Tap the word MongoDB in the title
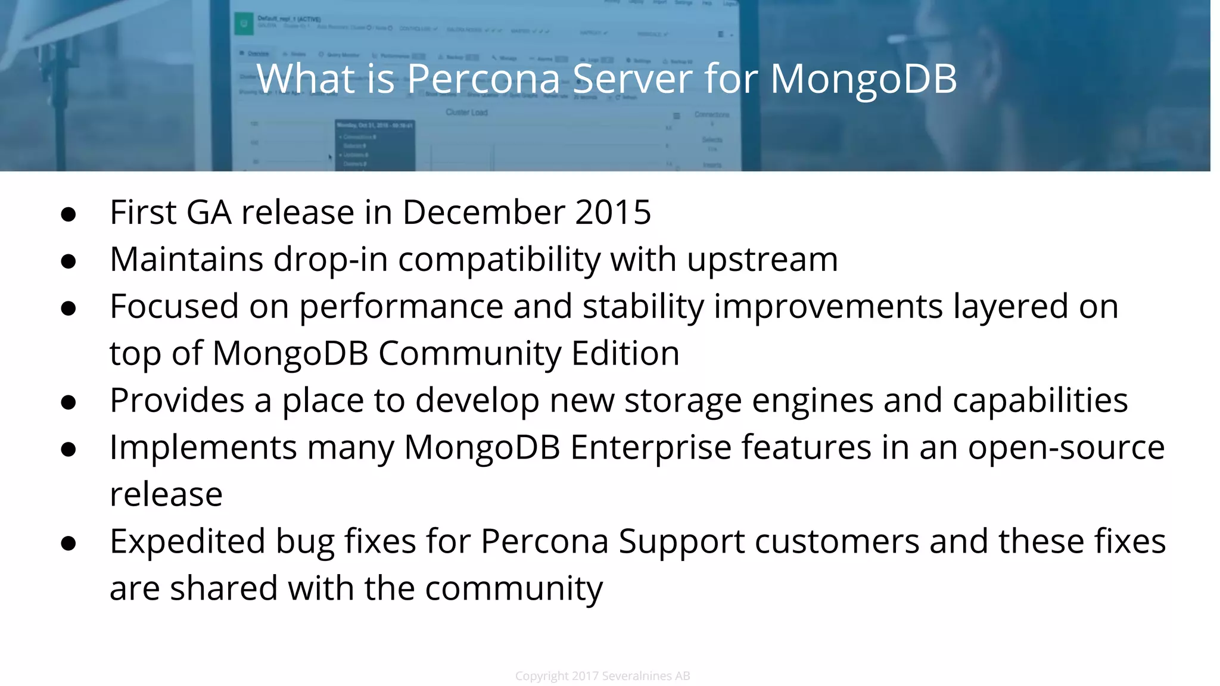click(x=863, y=79)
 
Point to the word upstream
click(x=762, y=260)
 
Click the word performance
click(x=401, y=307)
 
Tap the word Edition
click(x=625, y=353)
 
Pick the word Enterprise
click(x=651, y=447)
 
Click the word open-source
click(x=1066, y=447)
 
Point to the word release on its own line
click(x=166, y=494)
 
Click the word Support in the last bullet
click(x=681, y=542)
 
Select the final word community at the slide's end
click(x=513, y=589)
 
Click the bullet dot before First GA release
click(x=69, y=214)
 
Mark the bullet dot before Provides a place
click(x=69, y=403)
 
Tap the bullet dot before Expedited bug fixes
click(x=69, y=543)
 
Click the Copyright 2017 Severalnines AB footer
click(x=602, y=676)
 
